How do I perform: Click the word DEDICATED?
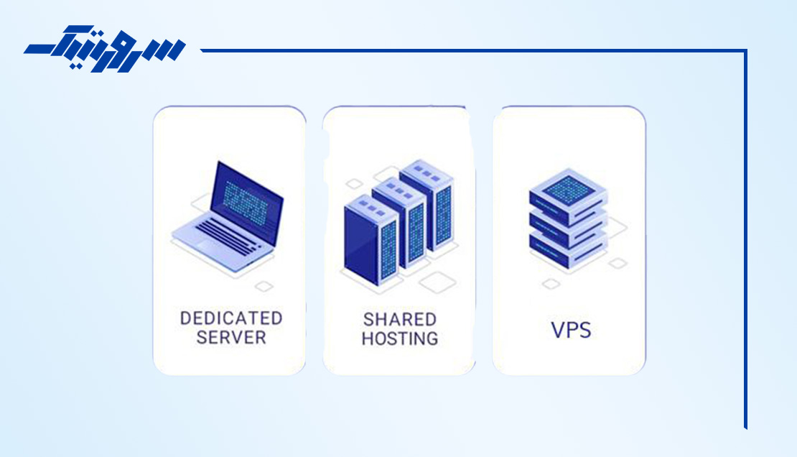(x=231, y=318)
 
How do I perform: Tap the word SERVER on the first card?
(x=231, y=338)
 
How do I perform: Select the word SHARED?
(x=400, y=320)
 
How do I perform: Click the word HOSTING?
(x=400, y=338)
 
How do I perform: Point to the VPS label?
(x=572, y=331)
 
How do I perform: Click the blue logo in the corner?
(x=105, y=48)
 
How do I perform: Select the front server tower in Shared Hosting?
(x=370, y=240)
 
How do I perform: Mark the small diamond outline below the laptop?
(x=264, y=287)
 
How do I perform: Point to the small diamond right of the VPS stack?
(x=617, y=263)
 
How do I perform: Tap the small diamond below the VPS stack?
(x=551, y=284)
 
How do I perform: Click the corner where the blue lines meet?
(x=746, y=50)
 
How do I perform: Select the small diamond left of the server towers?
(x=354, y=184)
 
